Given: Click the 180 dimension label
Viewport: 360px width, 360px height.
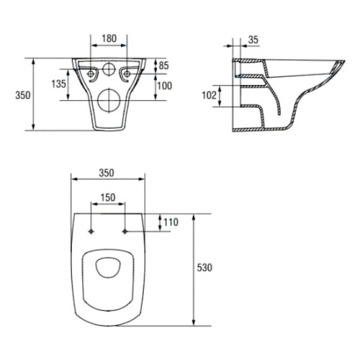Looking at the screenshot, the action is [x=109, y=38].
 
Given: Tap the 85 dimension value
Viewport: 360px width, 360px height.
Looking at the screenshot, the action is [x=164, y=66].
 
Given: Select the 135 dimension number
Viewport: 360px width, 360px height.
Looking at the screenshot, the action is [x=58, y=84].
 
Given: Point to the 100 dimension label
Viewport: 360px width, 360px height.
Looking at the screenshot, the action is [x=164, y=86].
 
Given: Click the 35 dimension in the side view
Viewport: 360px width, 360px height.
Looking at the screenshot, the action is [x=253, y=40].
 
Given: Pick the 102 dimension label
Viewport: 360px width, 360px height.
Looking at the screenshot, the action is [x=210, y=95].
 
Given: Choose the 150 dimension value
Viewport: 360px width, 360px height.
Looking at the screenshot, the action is [x=108, y=197].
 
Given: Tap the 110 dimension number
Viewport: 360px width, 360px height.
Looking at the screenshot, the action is [x=171, y=222].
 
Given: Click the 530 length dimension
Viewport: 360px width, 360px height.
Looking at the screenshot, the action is [x=204, y=268].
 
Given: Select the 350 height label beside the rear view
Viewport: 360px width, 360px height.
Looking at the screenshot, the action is [x=23, y=95].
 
